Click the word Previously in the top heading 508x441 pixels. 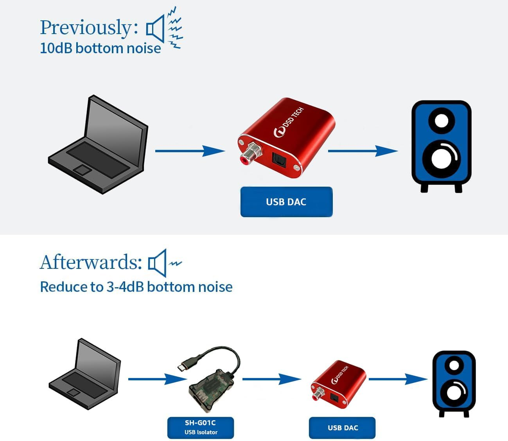click(86, 28)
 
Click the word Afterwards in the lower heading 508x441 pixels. click(90, 262)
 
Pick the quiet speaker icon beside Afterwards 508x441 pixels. click(157, 263)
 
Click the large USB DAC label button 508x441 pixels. click(286, 202)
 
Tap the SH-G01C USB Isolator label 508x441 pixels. click(200, 427)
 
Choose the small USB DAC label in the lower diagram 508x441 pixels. click(342, 428)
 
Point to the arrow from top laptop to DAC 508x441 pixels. click(190, 151)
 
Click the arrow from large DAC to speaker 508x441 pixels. click(363, 151)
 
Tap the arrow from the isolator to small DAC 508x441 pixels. click(271, 379)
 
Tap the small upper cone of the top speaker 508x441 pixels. click(441, 119)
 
